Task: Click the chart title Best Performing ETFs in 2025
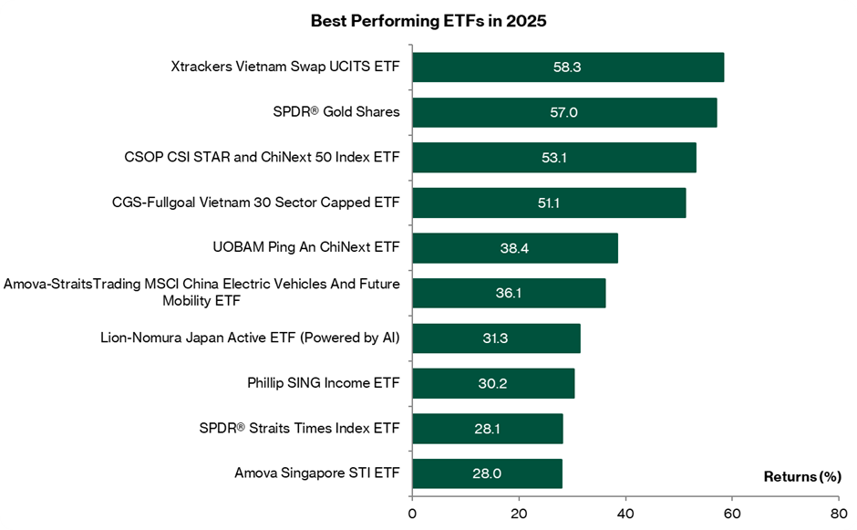pyautogui.click(x=428, y=21)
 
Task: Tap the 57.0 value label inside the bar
pyautogui.click(x=564, y=112)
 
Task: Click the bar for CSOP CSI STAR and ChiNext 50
pyautogui.click(x=553, y=158)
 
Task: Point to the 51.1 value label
pyautogui.click(x=548, y=203)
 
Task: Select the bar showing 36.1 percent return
pyautogui.click(x=508, y=293)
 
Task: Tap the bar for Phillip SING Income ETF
pyautogui.click(x=492, y=383)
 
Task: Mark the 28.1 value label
pyautogui.click(x=487, y=429)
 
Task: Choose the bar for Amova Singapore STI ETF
pyautogui.click(x=487, y=474)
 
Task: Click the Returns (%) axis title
pyautogui.click(x=801, y=476)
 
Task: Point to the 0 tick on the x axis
pyautogui.click(x=412, y=513)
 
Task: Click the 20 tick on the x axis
pyautogui.click(x=519, y=513)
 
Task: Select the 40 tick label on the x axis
pyautogui.click(x=625, y=513)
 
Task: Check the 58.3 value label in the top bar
pyautogui.click(x=567, y=67)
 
